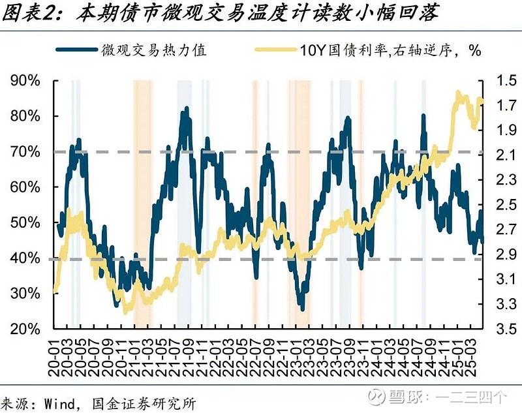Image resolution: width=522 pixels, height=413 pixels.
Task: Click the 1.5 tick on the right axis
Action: click(497, 81)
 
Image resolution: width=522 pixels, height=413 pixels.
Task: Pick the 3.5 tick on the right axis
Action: click(497, 329)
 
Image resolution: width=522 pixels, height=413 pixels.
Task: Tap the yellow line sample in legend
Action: click(274, 50)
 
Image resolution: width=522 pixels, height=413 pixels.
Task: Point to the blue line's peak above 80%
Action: click(187, 109)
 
